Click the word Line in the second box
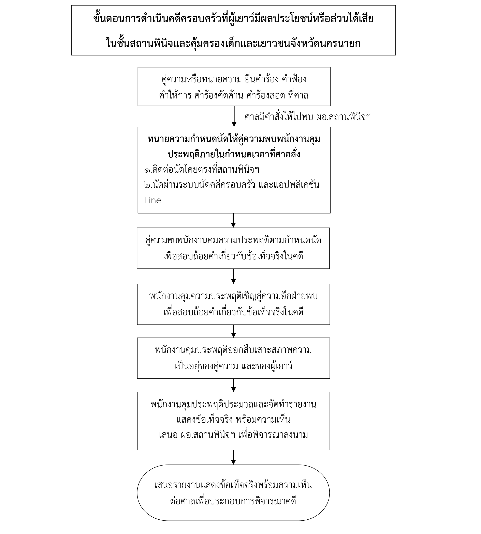coord(152,200)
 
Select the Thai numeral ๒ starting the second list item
coord(147,185)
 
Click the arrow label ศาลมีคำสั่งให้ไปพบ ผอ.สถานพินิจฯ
coord(308,117)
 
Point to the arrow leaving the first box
coord(234,116)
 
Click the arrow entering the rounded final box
coord(233,457)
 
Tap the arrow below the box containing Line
coord(233,220)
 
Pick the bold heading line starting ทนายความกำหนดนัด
coord(234,139)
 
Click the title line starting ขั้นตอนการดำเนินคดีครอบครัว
coord(233,19)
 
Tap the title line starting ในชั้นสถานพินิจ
coord(233,43)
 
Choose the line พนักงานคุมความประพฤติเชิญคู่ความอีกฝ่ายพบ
coord(233,296)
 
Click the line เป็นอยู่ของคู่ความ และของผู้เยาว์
coord(233,366)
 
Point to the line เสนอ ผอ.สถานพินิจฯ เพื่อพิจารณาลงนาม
coord(233,435)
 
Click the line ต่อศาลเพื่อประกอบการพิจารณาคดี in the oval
coord(233,501)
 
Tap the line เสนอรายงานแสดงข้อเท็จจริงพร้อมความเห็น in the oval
coord(233,485)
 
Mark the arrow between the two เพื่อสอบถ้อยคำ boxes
coord(233,276)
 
